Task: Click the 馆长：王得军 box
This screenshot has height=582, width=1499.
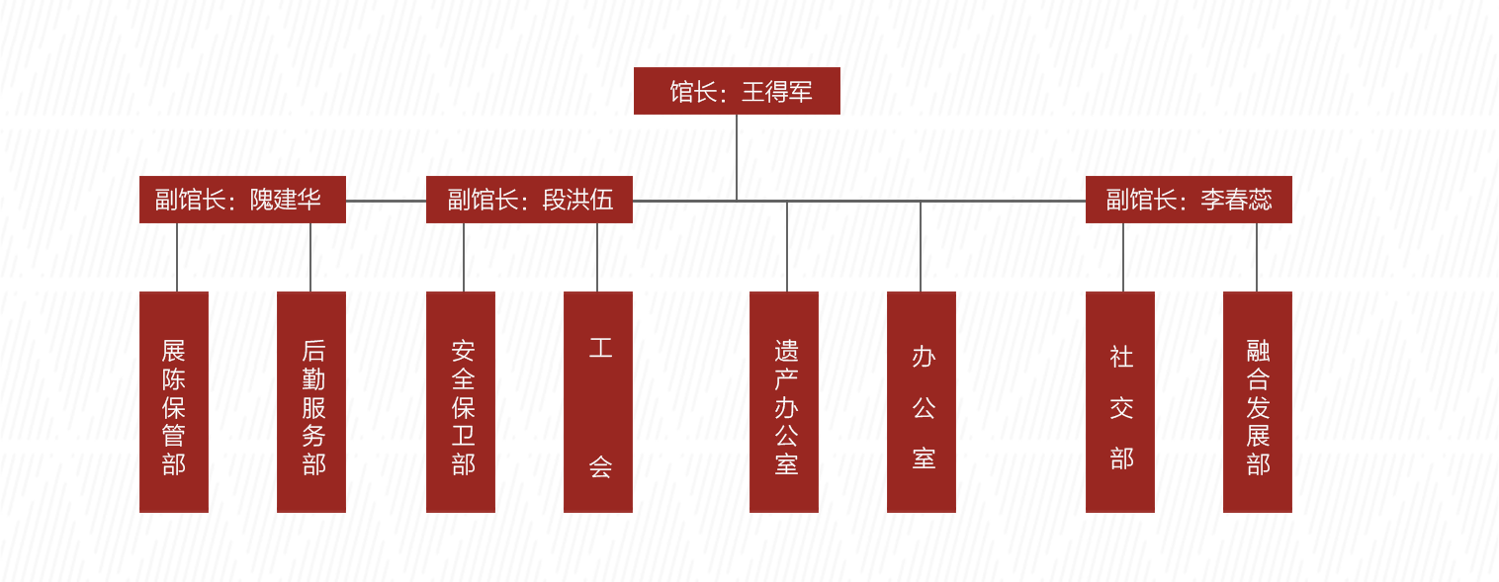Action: [737, 91]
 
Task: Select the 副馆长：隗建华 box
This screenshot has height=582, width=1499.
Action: [242, 200]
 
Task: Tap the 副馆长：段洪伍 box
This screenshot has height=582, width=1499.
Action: [529, 200]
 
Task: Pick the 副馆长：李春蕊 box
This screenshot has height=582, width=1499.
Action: [1189, 200]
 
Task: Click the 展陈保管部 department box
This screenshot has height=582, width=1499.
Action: [174, 402]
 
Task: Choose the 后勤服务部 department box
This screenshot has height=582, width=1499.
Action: [311, 402]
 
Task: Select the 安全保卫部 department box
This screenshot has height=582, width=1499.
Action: [461, 402]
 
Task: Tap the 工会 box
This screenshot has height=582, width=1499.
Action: [598, 402]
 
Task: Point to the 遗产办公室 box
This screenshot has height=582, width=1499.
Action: [784, 402]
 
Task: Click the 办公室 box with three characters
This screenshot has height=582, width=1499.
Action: [922, 402]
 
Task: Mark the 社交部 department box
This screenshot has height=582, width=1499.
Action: [1120, 402]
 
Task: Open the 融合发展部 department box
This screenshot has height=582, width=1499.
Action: [1258, 402]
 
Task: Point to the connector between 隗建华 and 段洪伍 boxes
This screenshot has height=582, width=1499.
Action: [386, 201]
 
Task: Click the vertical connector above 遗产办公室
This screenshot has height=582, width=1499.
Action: [787, 246]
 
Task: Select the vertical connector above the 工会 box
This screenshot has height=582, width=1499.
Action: [597, 257]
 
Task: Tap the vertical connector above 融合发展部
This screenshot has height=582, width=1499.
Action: [1257, 257]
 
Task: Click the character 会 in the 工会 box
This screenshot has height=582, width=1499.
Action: [600, 466]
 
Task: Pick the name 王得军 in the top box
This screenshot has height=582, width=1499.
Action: [777, 92]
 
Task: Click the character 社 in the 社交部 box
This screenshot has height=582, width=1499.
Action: [1121, 357]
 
